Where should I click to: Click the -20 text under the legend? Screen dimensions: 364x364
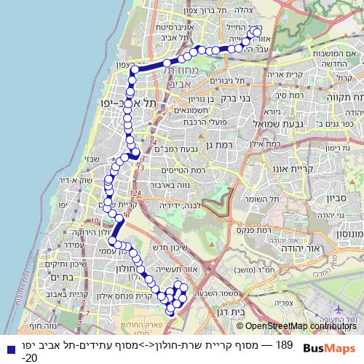tap(29, 357)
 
